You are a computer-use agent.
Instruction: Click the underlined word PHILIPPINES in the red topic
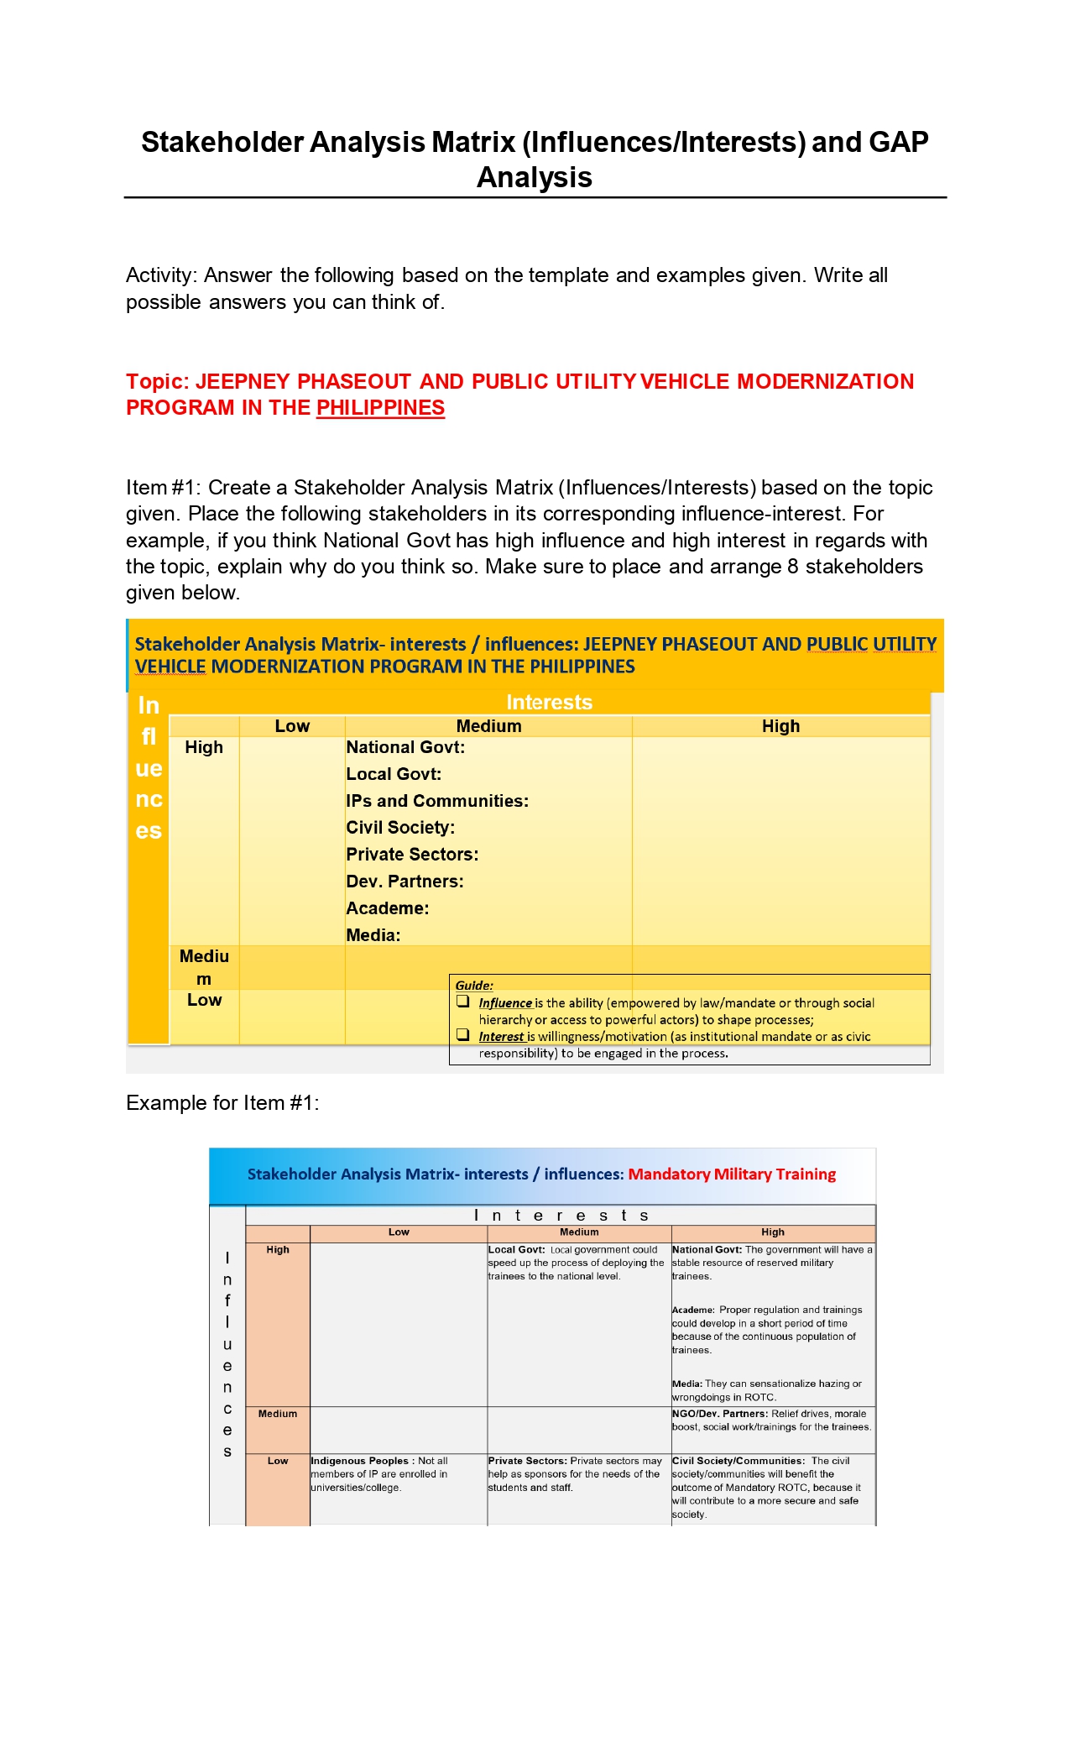click(x=380, y=408)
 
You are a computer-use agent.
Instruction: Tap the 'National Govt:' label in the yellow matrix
click(x=405, y=747)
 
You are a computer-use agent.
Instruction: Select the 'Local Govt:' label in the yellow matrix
click(x=394, y=774)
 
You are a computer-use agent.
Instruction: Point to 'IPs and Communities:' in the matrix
click(x=437, y=801)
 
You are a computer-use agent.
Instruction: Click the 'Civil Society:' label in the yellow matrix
click(x=400, y=828)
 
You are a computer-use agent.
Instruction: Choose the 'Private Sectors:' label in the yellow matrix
click(x=412, y=855)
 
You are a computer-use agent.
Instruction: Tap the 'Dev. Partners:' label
click(x=405, y=881)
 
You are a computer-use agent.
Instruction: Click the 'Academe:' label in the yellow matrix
click(x=387, y=908)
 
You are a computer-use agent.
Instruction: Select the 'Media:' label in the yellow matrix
click(x=373, y=935)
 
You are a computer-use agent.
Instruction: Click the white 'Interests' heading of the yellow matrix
click(x=549, y=702)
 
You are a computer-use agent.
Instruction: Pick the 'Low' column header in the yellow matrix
click(x=292, y=726)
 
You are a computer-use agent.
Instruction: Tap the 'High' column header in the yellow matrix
click(x=780, y=726)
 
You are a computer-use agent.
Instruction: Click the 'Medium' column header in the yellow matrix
click(x=488, y=726)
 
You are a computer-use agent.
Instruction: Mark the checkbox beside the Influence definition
click(x=462, y=1001)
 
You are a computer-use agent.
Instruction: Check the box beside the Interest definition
click(x=462, y=1034)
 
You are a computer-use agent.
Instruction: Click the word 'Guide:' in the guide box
click(x=474, y=986)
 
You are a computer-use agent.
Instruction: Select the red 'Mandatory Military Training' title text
click(x=732, y=1174)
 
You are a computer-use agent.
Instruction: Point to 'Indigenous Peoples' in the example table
click(x=359, y=1461)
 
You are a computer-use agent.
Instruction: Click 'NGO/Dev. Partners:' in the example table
click(x=720, y=1414)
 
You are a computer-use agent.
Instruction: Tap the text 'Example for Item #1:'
click(x=222, y=1103)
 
